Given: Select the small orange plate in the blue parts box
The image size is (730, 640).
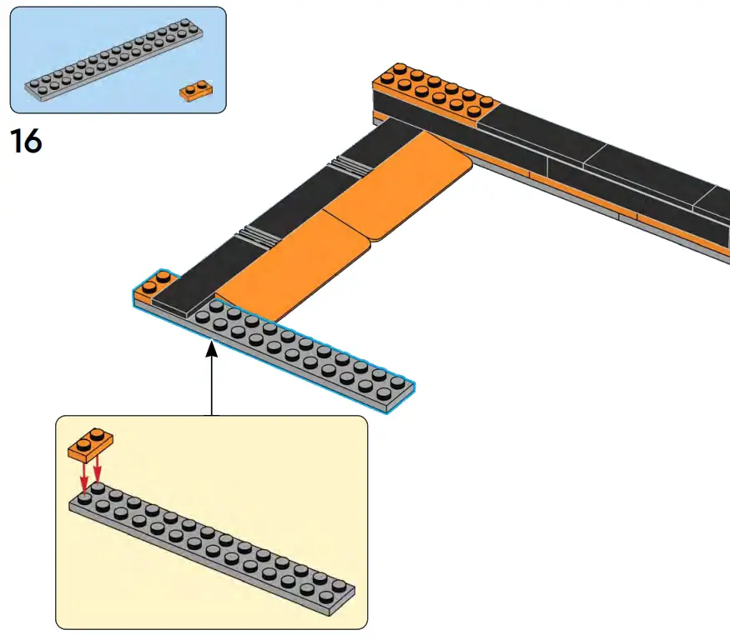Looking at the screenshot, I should pyautogui.click(x=195, y=90).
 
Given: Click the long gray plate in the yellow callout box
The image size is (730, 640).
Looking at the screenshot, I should pyautogui.click(x=213, y=550).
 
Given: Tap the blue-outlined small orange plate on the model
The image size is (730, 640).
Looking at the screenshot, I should pyautogui.click(x=150, y=284).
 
